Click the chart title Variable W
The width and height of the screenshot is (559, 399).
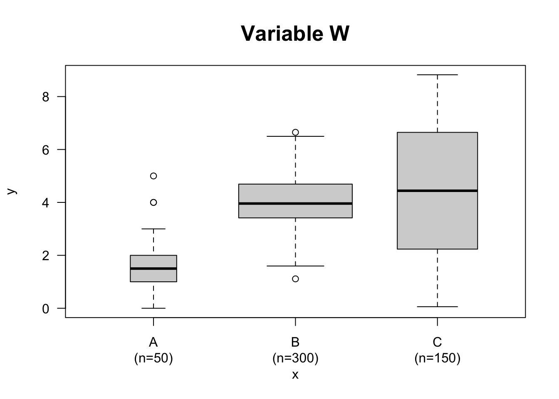click(x=295, y=33)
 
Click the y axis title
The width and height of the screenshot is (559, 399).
click(x=12, y=191)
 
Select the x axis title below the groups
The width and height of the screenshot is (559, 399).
click(x=295, y=375)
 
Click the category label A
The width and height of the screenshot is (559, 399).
click(x=153, y=342)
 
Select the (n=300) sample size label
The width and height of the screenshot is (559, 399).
click(x=295, y=358)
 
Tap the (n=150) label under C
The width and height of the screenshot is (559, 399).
click(x=437, y=358)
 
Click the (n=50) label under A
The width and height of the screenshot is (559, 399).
click(x=153, y=358)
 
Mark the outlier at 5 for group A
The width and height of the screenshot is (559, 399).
click(x=153, y=176)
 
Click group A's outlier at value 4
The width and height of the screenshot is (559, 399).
click(x=153, y=202)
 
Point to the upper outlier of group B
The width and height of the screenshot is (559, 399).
click(x=295, y=132)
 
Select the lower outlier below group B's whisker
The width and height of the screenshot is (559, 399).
click(x=295, y=279)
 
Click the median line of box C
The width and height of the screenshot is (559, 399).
click(x=437, y=191)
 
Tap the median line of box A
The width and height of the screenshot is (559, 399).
click(x=153, y=268)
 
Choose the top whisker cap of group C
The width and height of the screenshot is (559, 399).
click(x=437, y=75)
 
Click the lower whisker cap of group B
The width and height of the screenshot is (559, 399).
click(x=295, y=266)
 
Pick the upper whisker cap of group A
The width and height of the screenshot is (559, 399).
click(x=153, y=229)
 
